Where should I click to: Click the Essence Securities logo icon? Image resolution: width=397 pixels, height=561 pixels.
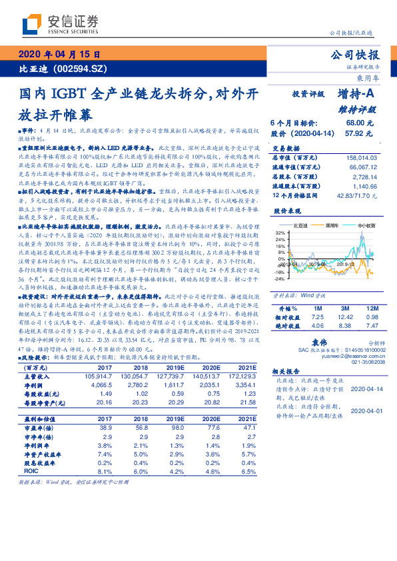[32, 25]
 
